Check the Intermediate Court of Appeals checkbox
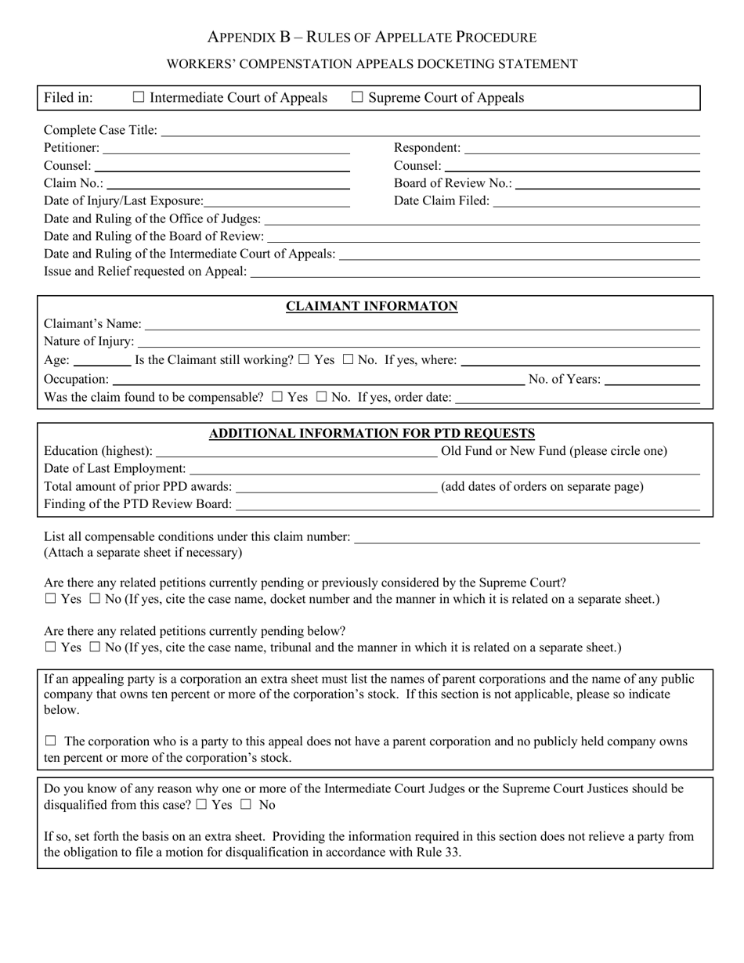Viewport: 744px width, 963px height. point(139,98)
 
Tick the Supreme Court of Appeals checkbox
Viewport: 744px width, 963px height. point(357,98)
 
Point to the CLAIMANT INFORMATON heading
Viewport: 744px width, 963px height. point(371,307)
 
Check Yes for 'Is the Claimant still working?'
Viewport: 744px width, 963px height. point(304,360)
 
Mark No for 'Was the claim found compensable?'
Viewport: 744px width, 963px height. point(321,397)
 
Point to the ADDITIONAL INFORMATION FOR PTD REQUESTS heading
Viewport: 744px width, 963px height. point(371,434)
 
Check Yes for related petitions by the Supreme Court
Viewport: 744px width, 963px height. point(51,600)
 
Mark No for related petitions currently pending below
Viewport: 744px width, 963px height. point(95,647)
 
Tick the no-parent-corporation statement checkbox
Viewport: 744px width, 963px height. point(51,741)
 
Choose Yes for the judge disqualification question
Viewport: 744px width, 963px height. point(202,805)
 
